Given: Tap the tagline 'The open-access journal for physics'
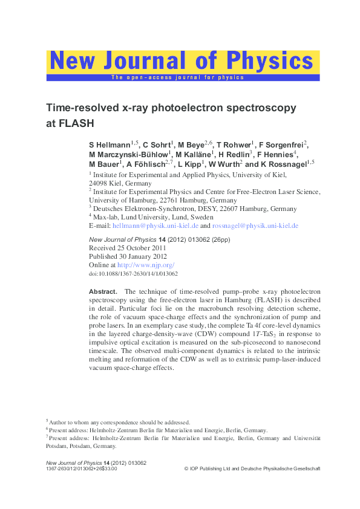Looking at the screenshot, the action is click(x=177, y=77).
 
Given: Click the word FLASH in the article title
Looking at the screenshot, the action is click(x=71, y=123).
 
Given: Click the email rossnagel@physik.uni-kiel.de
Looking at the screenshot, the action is click(x=255, y=225).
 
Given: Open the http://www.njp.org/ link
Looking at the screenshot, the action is click(x=146, y=265).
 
